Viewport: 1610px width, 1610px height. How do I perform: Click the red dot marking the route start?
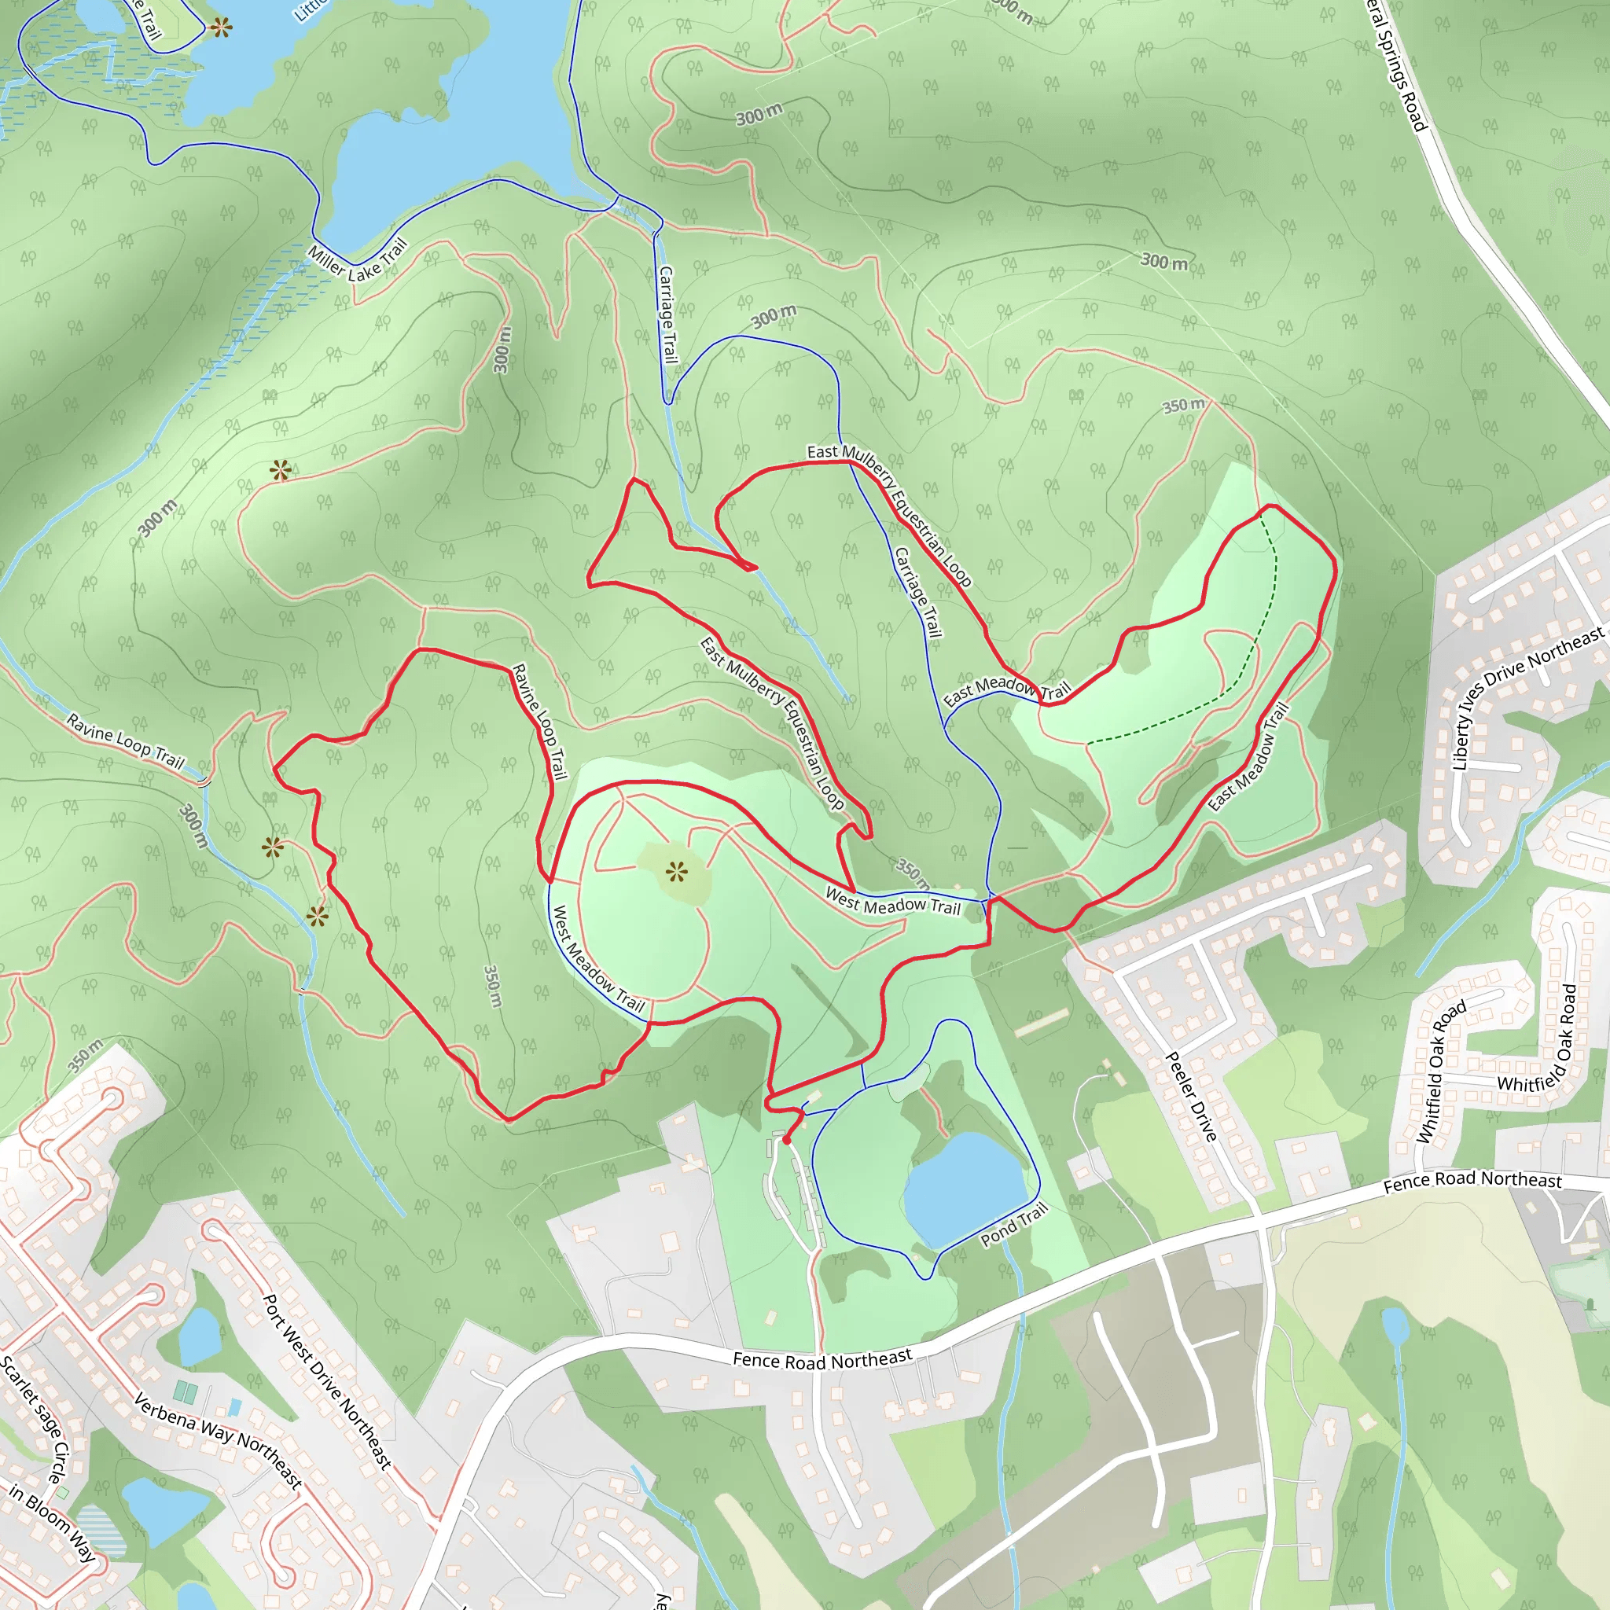787,1140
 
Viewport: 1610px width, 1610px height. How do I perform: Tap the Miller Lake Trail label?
358,260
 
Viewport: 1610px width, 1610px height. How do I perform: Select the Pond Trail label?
1013,1225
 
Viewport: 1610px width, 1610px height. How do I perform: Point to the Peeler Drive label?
1191,1096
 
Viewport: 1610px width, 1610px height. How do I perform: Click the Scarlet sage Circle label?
34,1417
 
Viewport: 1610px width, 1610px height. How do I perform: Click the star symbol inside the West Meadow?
677,873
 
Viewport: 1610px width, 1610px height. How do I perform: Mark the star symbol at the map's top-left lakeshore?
221,28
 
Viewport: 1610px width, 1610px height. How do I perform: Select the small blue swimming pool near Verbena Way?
235,1407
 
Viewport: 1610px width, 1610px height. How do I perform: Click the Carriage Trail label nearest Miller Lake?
667,314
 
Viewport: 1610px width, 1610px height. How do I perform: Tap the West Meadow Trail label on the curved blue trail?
599,958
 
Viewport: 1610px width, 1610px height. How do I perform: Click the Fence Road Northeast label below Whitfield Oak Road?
1472,1180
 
